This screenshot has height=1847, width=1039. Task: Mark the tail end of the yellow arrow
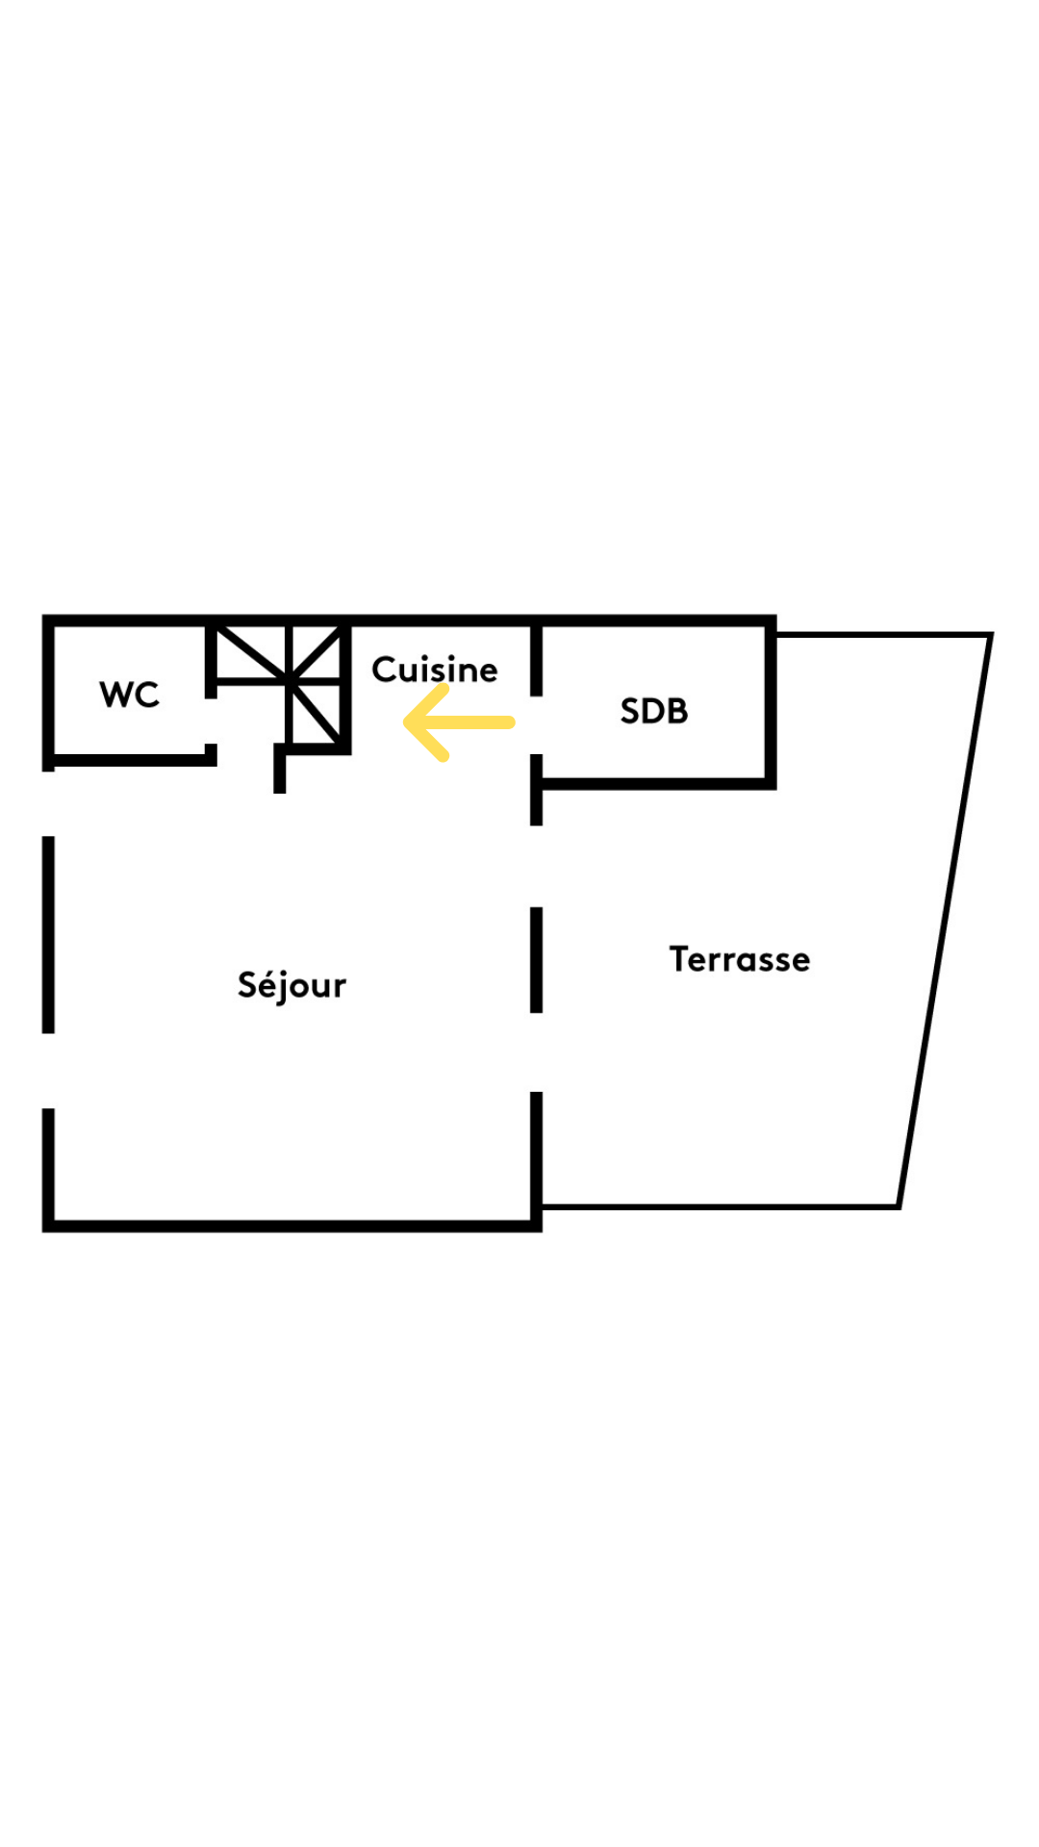click(511, 722)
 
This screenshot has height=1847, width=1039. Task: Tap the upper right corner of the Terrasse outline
click(990, 635)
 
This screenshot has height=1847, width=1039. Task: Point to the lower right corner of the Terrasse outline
click(899, 1206)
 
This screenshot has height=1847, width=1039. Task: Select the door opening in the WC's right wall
click(211, 721)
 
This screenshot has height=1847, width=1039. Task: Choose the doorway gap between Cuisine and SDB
click(537, 724)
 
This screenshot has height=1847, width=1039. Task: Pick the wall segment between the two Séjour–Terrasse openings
click(537, 960)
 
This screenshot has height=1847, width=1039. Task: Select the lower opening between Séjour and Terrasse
click(537, 1052)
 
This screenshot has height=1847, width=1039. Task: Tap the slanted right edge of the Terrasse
click(945, 921)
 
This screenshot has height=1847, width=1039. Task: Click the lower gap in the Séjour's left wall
click(48, 1071)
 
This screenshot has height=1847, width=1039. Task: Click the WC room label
click(129, 695)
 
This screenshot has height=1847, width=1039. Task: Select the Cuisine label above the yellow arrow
click(435, 669)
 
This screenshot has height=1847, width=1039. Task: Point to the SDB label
click(654, 711)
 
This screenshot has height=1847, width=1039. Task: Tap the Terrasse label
click(740, 959)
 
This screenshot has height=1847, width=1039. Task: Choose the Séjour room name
click(291, 986)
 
